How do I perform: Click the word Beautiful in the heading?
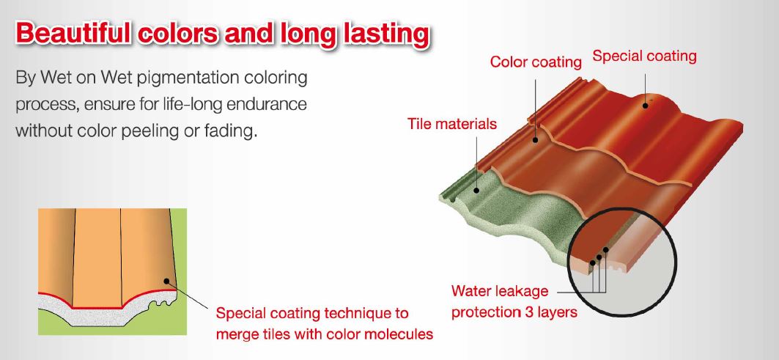74,34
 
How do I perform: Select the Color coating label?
536,62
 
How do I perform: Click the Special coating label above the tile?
644,56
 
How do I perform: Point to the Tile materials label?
452,123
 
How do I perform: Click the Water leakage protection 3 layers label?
514,301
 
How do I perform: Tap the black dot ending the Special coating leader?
646,104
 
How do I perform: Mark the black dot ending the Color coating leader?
535,140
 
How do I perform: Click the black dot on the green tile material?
476,189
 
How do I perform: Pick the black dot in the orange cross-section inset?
167,282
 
